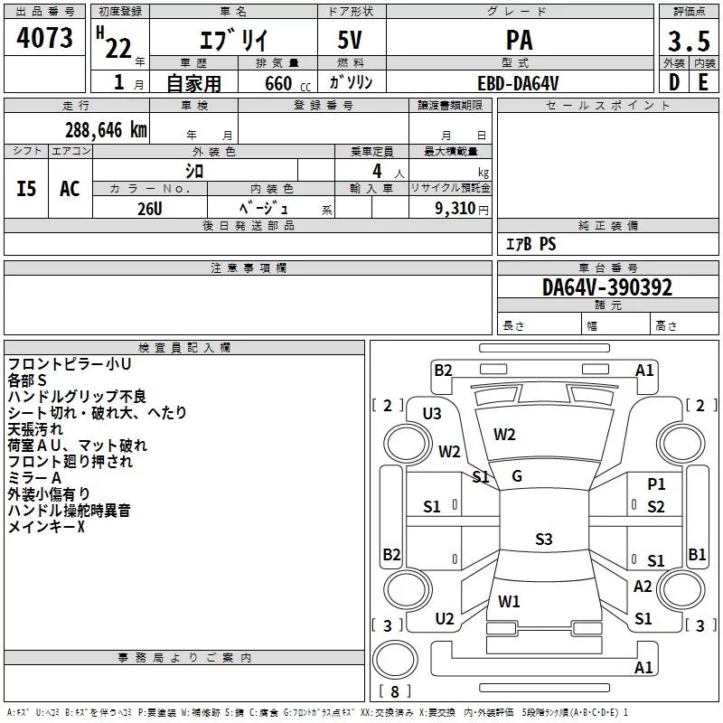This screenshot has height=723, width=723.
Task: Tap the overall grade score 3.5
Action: click(x=688, y=42)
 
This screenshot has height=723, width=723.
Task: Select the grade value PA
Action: click(x=519, y=40)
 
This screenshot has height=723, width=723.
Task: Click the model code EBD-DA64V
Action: click(x=519, y=83)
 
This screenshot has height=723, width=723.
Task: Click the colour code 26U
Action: click(x=149, y=207)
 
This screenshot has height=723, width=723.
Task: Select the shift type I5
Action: click(x=27, y=189)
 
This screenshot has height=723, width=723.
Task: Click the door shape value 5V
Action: click(x=352, y=40)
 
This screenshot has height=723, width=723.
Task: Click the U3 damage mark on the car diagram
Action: click(x=432, y=414)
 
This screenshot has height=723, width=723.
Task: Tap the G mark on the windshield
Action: click(x=517, y=476)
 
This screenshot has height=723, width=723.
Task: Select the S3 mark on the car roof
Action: click(x=543, y=540)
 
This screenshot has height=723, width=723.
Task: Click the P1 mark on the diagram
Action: click(x=656, y=484)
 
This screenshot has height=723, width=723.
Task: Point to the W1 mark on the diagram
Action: click(x=509, y=601)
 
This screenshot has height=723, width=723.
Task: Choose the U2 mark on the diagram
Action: click(x=444, y=619)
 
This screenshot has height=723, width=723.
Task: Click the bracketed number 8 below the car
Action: click(x=394, y=691)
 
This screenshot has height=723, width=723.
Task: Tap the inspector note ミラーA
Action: click(x=34, y=478)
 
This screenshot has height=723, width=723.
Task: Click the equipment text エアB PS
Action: click(x=531, y=244)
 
